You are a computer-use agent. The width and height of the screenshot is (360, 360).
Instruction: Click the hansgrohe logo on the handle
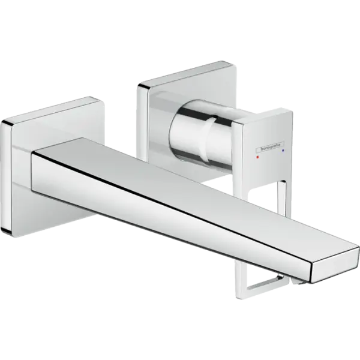[270, 147]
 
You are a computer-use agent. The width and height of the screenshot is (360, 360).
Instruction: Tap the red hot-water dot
[257, 157]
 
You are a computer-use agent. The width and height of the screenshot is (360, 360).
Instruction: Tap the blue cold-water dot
[283, 151]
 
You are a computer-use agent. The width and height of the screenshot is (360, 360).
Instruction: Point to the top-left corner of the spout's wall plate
[2, 122]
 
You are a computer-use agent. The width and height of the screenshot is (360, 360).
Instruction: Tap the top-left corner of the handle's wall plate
[139, 85]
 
